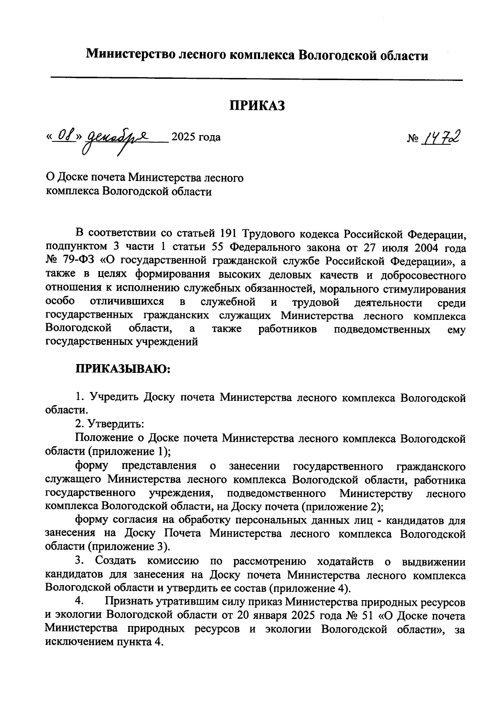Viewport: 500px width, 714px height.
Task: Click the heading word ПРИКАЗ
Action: pos(257,106)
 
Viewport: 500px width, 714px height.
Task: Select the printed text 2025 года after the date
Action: pos(196,137)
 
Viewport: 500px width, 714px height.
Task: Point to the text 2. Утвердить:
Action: pos(110,424)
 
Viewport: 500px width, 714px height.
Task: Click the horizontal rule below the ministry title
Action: pos(257,78)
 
